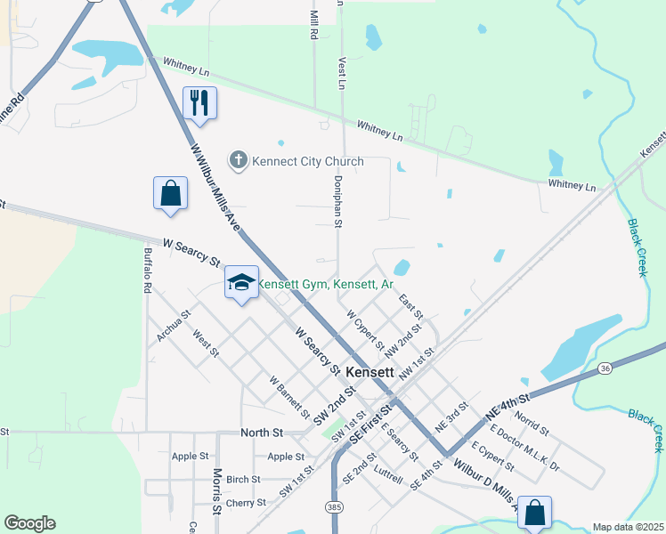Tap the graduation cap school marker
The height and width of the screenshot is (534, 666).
[241, 282]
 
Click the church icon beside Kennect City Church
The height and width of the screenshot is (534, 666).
[238, 161]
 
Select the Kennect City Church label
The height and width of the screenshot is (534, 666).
[308, 161]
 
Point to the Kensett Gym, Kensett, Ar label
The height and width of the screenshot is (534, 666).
[326, 284]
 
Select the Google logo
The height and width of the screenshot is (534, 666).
[29, 523]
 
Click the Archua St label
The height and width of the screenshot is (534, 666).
[174, 326]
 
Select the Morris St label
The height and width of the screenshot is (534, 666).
[216, 492]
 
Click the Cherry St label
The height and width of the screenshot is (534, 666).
[243, 503]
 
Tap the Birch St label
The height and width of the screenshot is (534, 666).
[243, 479]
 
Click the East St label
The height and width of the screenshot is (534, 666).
[410, 308]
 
